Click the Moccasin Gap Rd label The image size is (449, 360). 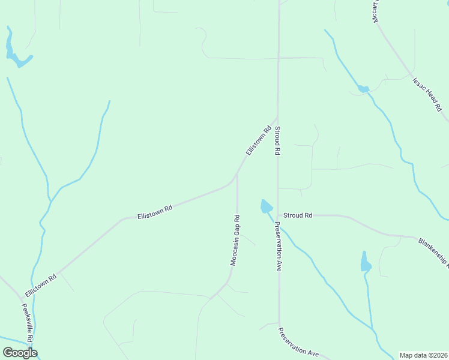pos(236,240)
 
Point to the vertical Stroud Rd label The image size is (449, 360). pos(278,141)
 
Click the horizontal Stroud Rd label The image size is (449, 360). pos(298,215)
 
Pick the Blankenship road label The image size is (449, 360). pos(433,251)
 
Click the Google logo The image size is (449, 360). pos(20,352)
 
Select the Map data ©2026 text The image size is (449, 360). pos(424,355)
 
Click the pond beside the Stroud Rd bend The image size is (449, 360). pos(266,207)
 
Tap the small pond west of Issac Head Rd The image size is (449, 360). pos(363,89)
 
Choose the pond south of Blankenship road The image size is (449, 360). pos(366,262)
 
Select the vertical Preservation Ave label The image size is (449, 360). pos(278,247)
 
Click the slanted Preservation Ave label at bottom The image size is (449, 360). pos(298,343)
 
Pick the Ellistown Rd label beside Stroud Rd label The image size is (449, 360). pos(258,141)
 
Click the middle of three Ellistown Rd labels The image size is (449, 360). pos(155,211)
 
